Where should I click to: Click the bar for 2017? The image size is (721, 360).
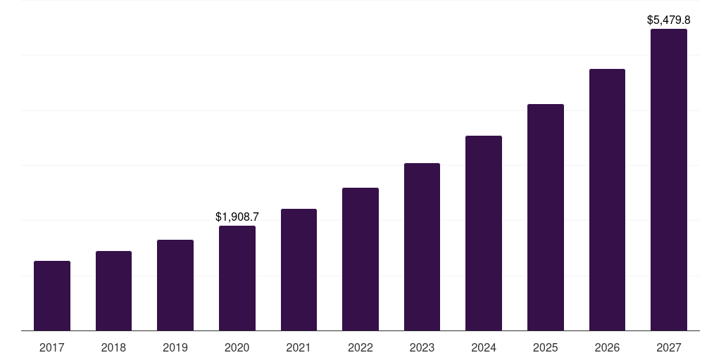coord(52,295)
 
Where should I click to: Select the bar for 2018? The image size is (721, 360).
coord(113,290)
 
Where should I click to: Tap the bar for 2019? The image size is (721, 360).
coord(175,285)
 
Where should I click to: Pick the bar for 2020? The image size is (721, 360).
coord(237,278)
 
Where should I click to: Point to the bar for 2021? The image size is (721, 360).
coord(299,269)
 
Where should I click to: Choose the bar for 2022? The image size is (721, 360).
coord(360,259)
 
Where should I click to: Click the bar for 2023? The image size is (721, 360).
coord(422,247)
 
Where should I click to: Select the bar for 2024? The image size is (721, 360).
coord(484,233)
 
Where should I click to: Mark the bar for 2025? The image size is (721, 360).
coord(546,217)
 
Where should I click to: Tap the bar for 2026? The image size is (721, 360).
coord(607,200)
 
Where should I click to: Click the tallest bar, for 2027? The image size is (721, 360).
coord(669,179)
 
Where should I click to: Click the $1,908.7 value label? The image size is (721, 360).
coord(237,217)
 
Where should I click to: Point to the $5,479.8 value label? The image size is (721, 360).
coord(669,20)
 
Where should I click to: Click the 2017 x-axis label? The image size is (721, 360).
coord(52,347)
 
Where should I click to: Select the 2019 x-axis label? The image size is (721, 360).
coord(175,347)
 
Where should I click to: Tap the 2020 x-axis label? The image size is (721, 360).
coord(237,347)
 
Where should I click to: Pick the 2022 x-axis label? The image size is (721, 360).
coord(360,347)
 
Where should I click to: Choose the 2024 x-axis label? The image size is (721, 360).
coord(484,347)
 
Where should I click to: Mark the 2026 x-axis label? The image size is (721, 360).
coord(607,347)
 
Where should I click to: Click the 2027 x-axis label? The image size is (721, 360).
coord(669,347)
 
